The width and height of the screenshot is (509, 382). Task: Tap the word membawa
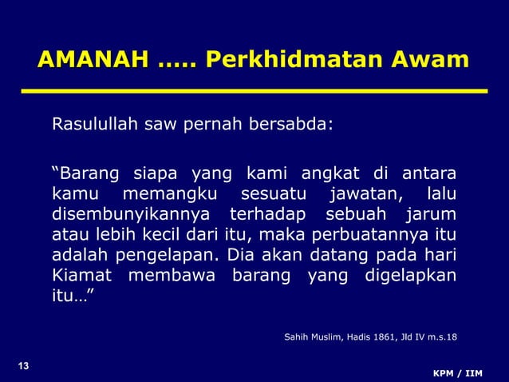click(171, 277)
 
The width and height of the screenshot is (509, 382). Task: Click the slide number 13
click(23, 367)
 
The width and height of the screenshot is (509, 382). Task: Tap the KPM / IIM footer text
click(457, 373)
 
